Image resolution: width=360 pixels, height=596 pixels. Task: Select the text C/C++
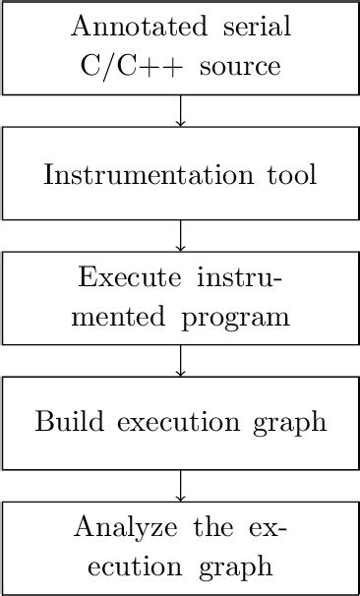(117, 68)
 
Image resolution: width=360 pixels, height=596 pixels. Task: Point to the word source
(237, 68)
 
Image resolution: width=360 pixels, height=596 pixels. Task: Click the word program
(243, 319)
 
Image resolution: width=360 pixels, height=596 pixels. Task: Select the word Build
(67, 424)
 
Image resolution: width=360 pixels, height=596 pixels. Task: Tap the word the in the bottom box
(212, 526)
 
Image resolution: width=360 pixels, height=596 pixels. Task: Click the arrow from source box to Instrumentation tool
(180, 111)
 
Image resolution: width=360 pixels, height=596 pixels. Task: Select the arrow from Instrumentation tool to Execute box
(180, 236)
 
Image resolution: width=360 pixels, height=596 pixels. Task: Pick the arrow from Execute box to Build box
(180, 361)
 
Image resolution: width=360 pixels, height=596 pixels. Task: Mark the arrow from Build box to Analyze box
(180, 486)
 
